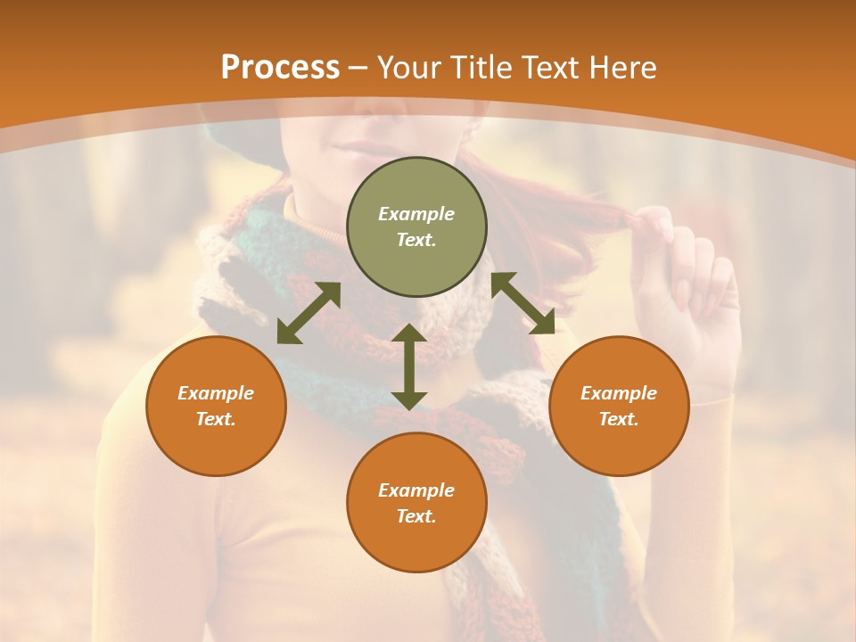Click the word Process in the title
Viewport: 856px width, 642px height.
[x=280, y=68]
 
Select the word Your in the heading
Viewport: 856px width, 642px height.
[x=411, y=68]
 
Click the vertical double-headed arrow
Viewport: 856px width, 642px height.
[x=409, y=366]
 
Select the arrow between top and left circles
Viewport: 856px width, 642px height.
[x=309, y=313]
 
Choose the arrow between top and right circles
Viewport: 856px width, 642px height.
[x=523, y=303]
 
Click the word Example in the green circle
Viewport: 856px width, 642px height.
[x=416, y=214]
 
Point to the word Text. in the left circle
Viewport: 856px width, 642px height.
[x=216, y=419]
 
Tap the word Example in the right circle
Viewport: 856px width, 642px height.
[x=619, y=393]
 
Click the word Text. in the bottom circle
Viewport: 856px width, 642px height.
[x=416, y=516]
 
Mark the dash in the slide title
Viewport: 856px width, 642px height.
[x=358, y=69]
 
